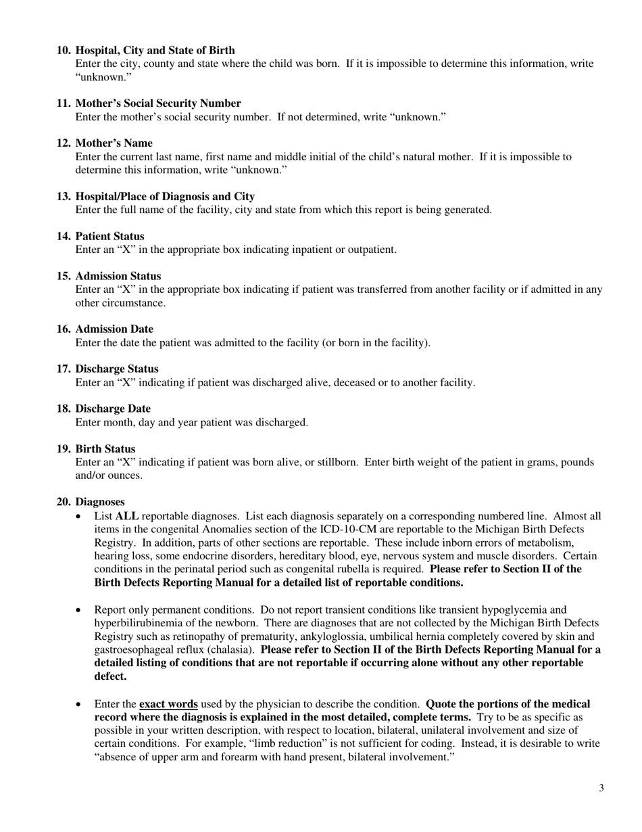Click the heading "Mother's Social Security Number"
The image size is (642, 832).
[x=157, y=103]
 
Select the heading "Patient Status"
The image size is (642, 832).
[x=109, y=236]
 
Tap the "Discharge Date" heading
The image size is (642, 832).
[x=113, y=409]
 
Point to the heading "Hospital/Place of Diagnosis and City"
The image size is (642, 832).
[x=165, y=196]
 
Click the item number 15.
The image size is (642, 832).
[x=64, y=276]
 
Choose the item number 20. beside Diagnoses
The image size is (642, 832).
[x=64, y=502]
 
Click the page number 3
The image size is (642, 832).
[x=601, y=787]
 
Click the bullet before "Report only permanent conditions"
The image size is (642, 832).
[x=80, y=609]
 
